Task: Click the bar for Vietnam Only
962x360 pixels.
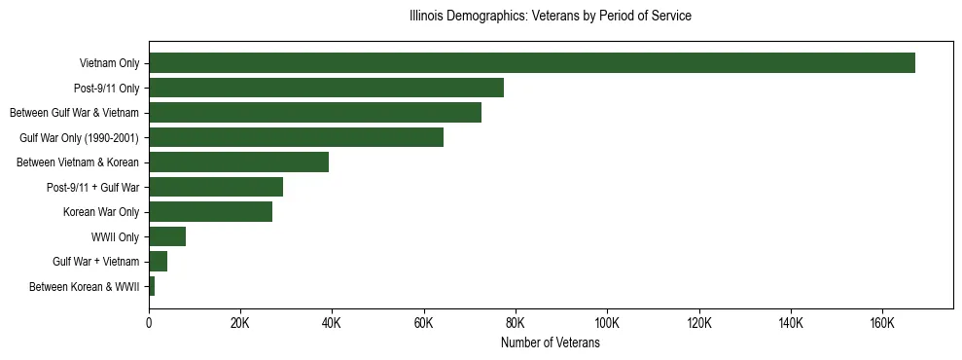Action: click(x=531, y=63)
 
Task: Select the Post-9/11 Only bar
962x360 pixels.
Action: click(x=326, y=88)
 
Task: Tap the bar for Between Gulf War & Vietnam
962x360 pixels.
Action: click(x=315, y=113)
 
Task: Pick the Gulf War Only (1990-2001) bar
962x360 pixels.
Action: click(x=296, y=137)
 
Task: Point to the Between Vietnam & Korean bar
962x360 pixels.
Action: click(x=238, y=162)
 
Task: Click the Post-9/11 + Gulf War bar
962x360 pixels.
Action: click(x=216, y=187)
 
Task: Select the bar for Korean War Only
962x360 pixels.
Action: click(x=210, y=212)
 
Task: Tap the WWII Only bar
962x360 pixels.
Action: click(x=167, y=236)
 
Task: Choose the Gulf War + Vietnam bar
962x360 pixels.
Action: click(x=158, y=262)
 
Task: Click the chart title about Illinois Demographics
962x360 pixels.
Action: click(x=550, y=17)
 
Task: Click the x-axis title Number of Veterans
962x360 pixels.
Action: click(x=550, y=342)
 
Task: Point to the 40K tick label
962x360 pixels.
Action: click(x=332, y=322)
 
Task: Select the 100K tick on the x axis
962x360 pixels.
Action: click(x=607, y=322)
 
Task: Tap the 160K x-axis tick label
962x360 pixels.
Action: click(x=882, y=322)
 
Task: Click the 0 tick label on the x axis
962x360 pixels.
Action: click(x=149, y=322)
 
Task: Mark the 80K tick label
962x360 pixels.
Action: click(x=516, y=322)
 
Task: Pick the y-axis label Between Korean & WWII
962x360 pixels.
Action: click(x=85, y=287)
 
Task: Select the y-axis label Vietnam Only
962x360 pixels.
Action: click(x=109, y=64)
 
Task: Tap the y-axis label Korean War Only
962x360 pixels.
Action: click(x=101, y=212)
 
